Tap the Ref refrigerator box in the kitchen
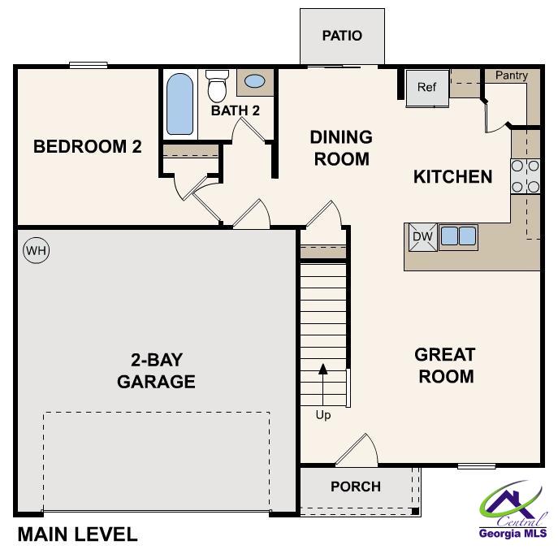coord(427,88)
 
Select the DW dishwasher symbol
coord(421,236)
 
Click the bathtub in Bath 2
coord(180,104)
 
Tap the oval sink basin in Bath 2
coord(255,81)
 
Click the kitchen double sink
coord(457,236)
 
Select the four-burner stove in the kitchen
coord(526,176)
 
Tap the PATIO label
coord(341,36)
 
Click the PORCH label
coord(356,487)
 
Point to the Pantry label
coord(512,76)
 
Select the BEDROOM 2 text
coord(88,147)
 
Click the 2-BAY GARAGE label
coord(156,370)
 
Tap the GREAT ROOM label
coord(444,366)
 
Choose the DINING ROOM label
coord(341,148)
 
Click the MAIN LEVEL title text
coord(77,535)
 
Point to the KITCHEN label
coord(452,176)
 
